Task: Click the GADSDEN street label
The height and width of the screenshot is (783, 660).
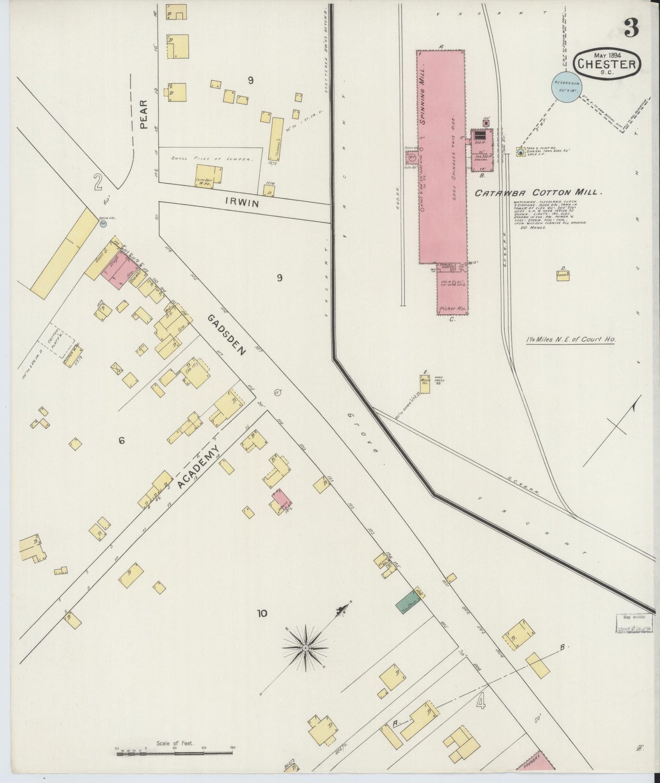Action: coord(227,335)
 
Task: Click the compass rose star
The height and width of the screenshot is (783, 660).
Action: coord(305,648)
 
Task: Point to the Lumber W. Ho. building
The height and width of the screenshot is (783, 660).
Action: coord(210,177)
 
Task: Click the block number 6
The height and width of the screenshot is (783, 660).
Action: coord(121,440)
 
